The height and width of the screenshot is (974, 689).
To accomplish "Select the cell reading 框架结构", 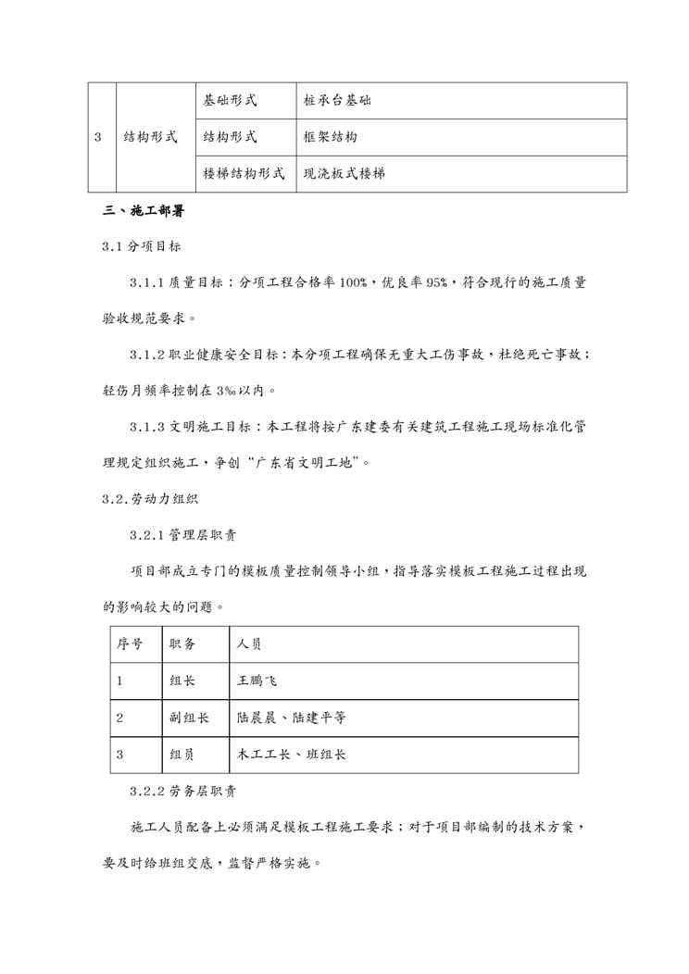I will [331, 137].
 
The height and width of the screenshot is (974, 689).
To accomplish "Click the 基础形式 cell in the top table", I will [231, 101].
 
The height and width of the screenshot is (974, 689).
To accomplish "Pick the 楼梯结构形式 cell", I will [244, 173].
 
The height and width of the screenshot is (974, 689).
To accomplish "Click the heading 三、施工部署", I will [144, 212].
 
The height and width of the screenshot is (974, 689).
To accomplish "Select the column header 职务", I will [183, 644].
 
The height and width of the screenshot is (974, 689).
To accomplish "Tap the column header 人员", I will [251, 644].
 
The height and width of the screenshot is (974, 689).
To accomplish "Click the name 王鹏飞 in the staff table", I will [257, 681].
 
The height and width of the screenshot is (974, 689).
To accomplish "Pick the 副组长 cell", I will [190, 718].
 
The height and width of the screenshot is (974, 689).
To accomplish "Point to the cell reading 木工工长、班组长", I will [292, 754].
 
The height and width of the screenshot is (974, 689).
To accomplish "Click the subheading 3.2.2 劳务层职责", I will [186, 793].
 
